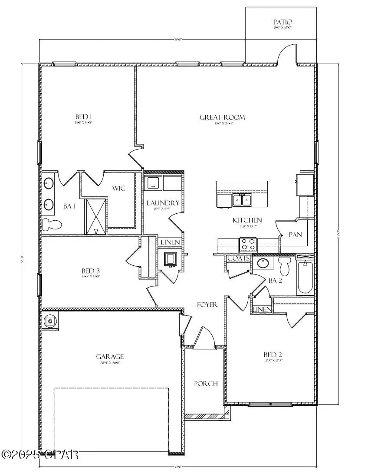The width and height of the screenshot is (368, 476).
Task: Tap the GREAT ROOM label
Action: pyautogui.click(x=222, y=117)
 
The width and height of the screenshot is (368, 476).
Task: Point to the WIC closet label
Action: pyautogui.click(x=119, y=189)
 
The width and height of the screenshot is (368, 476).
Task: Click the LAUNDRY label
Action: pyautogui.click(x=163, y=203)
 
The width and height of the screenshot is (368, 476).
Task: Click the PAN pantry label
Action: pyautogui.click(x=296, y=235)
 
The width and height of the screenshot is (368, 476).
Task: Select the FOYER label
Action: pyautogui.click(x=207, y=305)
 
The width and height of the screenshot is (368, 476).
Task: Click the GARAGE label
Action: pyautogui.click(x=110, y=356)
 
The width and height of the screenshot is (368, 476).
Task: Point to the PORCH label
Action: pyautogui.click(x=206, y=384)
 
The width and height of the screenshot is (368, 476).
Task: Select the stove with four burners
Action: pyautogui.click(x=249, y=245)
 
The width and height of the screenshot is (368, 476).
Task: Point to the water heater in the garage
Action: pyautogui.click(x=50, y=321)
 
